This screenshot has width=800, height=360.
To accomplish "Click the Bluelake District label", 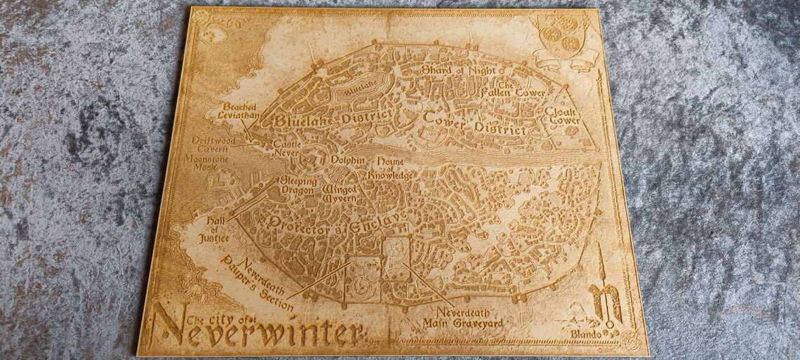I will pyautogui.click(x=324, y=119).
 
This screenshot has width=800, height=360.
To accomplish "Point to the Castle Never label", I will pyautogui.click(x=286, y=145).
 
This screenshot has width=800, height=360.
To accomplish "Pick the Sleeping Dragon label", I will pyautogui.click(x=300, y=185).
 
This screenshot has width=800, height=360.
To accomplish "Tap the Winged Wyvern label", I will pyautogui.click(x=340, y=194).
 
